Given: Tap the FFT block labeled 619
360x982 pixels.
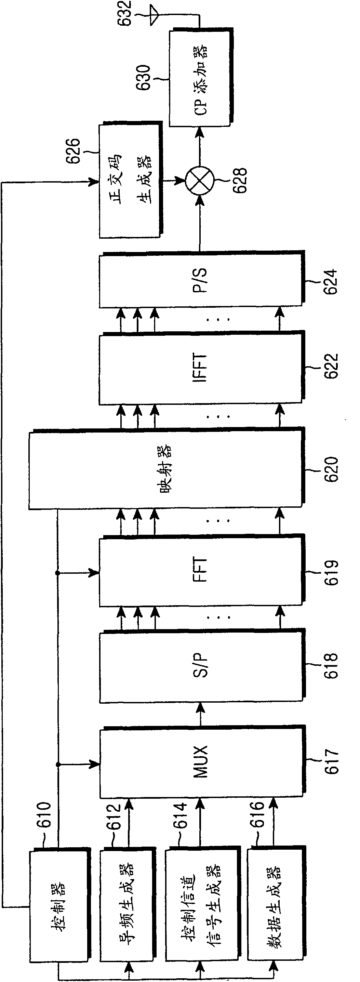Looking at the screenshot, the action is [202, 571].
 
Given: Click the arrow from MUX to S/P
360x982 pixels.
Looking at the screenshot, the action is [201, 714].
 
